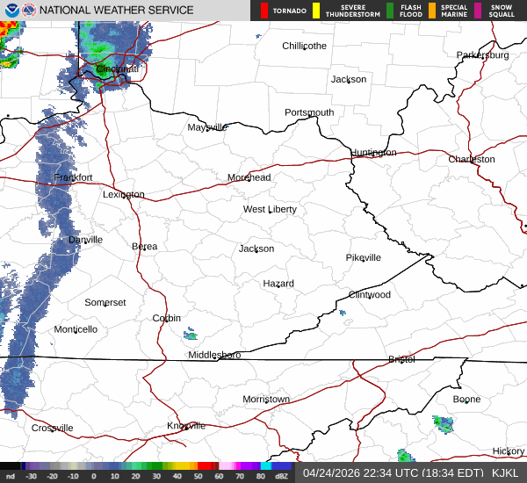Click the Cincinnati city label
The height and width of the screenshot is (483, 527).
coord(117,68)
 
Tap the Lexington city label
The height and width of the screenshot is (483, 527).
coord(123,194)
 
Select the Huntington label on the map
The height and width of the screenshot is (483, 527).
coord(374,152)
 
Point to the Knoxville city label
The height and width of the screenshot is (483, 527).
coord(186,426)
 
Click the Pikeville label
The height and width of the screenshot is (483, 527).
coord(363,257)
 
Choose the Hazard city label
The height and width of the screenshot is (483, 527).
coord(278,284)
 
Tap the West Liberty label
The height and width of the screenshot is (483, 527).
coord(270,209)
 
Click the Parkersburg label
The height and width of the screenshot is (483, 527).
coord(482,55)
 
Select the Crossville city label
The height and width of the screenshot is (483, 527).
coord(53,428)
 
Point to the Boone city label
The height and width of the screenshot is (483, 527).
coord(466,400)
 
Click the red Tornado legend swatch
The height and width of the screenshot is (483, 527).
coord(264,11)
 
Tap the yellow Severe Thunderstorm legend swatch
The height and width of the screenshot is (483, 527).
coord(316,11)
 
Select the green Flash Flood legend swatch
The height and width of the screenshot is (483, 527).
coord(390,11)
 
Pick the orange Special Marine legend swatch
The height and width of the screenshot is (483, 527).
coord(432,11)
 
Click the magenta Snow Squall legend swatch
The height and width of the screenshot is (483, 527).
coord(479,11)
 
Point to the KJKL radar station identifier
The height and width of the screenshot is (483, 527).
coord(504,472)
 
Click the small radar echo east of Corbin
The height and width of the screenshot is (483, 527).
coord(190,335)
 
